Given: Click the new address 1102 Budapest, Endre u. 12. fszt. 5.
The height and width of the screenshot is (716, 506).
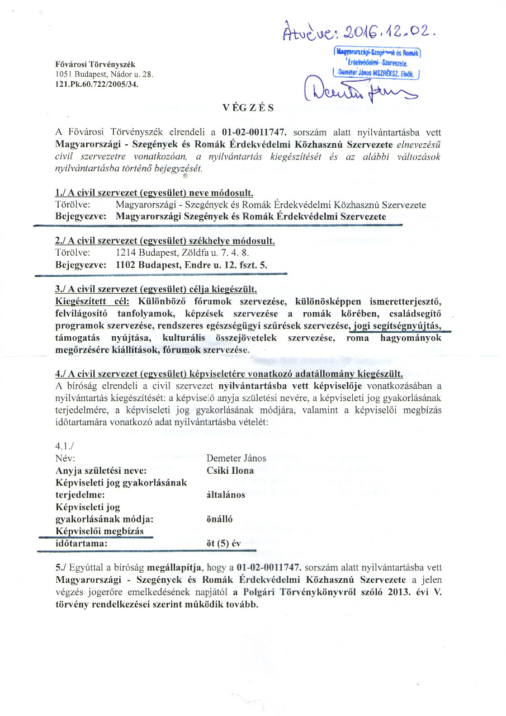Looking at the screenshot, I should click(191, 265).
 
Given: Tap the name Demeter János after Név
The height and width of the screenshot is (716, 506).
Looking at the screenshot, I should click(236, 458).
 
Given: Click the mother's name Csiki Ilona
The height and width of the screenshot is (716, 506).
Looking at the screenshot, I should click(230, 470).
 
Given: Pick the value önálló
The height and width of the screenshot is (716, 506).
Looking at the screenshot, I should click(220, 519).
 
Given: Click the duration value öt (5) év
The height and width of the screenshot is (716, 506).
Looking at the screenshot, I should click(224, 543).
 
